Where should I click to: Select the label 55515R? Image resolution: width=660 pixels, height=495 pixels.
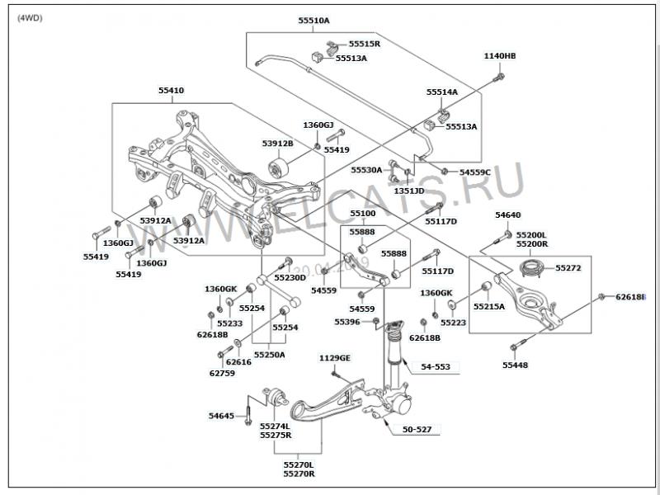click(x=364, y=44)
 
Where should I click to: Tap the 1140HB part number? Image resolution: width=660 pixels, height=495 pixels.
click(x=499, y=56)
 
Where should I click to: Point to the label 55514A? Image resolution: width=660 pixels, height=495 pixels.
click(x=442, y=92)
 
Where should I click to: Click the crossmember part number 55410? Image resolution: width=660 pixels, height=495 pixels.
click(x=172, y=90)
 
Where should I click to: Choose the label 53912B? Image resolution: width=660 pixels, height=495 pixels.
click(x=278, y=144)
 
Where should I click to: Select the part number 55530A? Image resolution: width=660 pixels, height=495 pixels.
click(x=366, y=170)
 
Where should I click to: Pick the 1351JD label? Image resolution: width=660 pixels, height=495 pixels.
click(x=408, y=191)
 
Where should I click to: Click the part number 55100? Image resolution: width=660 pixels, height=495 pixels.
click(x=362, y=214)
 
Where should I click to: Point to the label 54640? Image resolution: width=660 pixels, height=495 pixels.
click(x=508, y=215)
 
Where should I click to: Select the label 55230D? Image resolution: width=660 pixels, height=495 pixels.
click(x=290, y=277)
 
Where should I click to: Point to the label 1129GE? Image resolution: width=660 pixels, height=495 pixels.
click(x=335, y=358)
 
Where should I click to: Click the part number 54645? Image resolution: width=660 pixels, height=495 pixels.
click(x=221, y=416)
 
